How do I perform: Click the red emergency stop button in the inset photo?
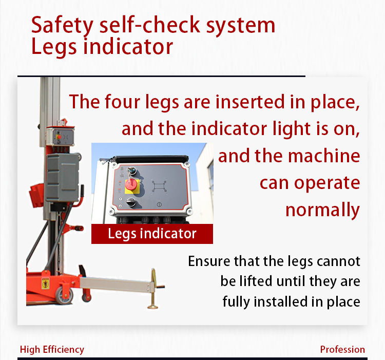click(x=131, y=184)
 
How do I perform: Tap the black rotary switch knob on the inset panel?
click(x=131, y=202)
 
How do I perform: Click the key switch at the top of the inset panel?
click(x=131, y=170)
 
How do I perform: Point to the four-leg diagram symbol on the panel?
click(x=159, y=186)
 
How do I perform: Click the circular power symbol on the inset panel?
click(x=159, y=204)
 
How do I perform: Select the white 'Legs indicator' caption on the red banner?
click(x=152, y=234)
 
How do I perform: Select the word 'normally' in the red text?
click(x=323, y=210)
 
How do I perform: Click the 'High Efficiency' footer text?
click(x=52, y=349)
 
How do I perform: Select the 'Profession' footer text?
click(x=342, y=349)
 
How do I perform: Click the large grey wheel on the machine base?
click(x=64, y=295)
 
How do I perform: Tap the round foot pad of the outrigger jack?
click(x=153, y=306)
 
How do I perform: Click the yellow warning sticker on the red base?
click(x=45, y=283)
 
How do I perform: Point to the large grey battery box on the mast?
click(x=62, y=178)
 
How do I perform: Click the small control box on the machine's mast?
click(x=60, y=137)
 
